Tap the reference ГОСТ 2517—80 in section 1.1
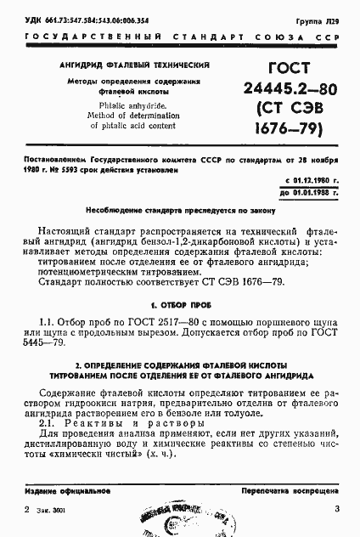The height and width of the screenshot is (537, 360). (x=153, y=322)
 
